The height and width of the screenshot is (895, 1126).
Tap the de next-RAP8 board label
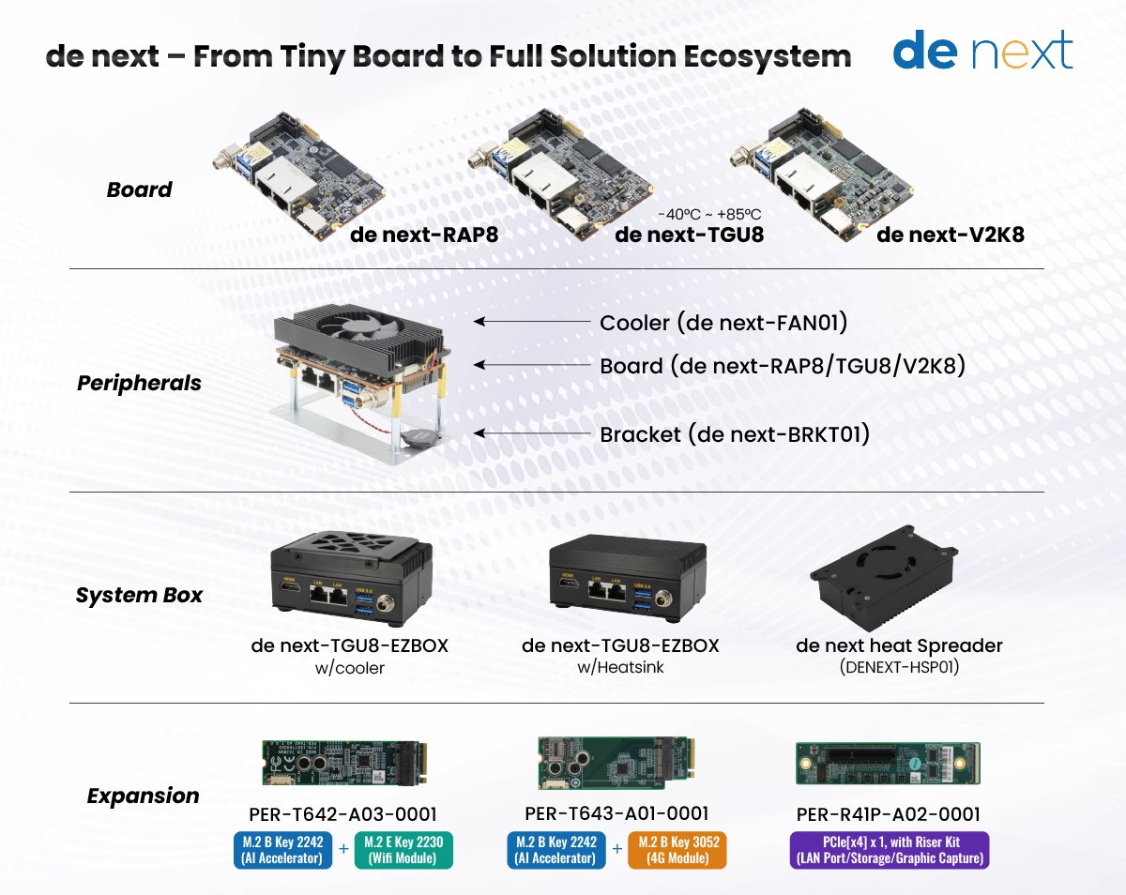tap(424, 234)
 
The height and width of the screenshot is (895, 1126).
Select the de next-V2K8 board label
tap(950, 234)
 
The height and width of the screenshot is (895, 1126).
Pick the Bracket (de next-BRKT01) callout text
tap(735, 434)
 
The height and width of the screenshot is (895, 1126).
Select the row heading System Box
tap(139, 596)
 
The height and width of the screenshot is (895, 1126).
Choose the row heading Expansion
tap(143, 796)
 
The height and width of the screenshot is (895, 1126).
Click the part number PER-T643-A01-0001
tap(615, 813)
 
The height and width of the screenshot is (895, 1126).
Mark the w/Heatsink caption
tap(620, 667)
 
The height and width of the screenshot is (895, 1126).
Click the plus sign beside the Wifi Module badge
tap(343, 849)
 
